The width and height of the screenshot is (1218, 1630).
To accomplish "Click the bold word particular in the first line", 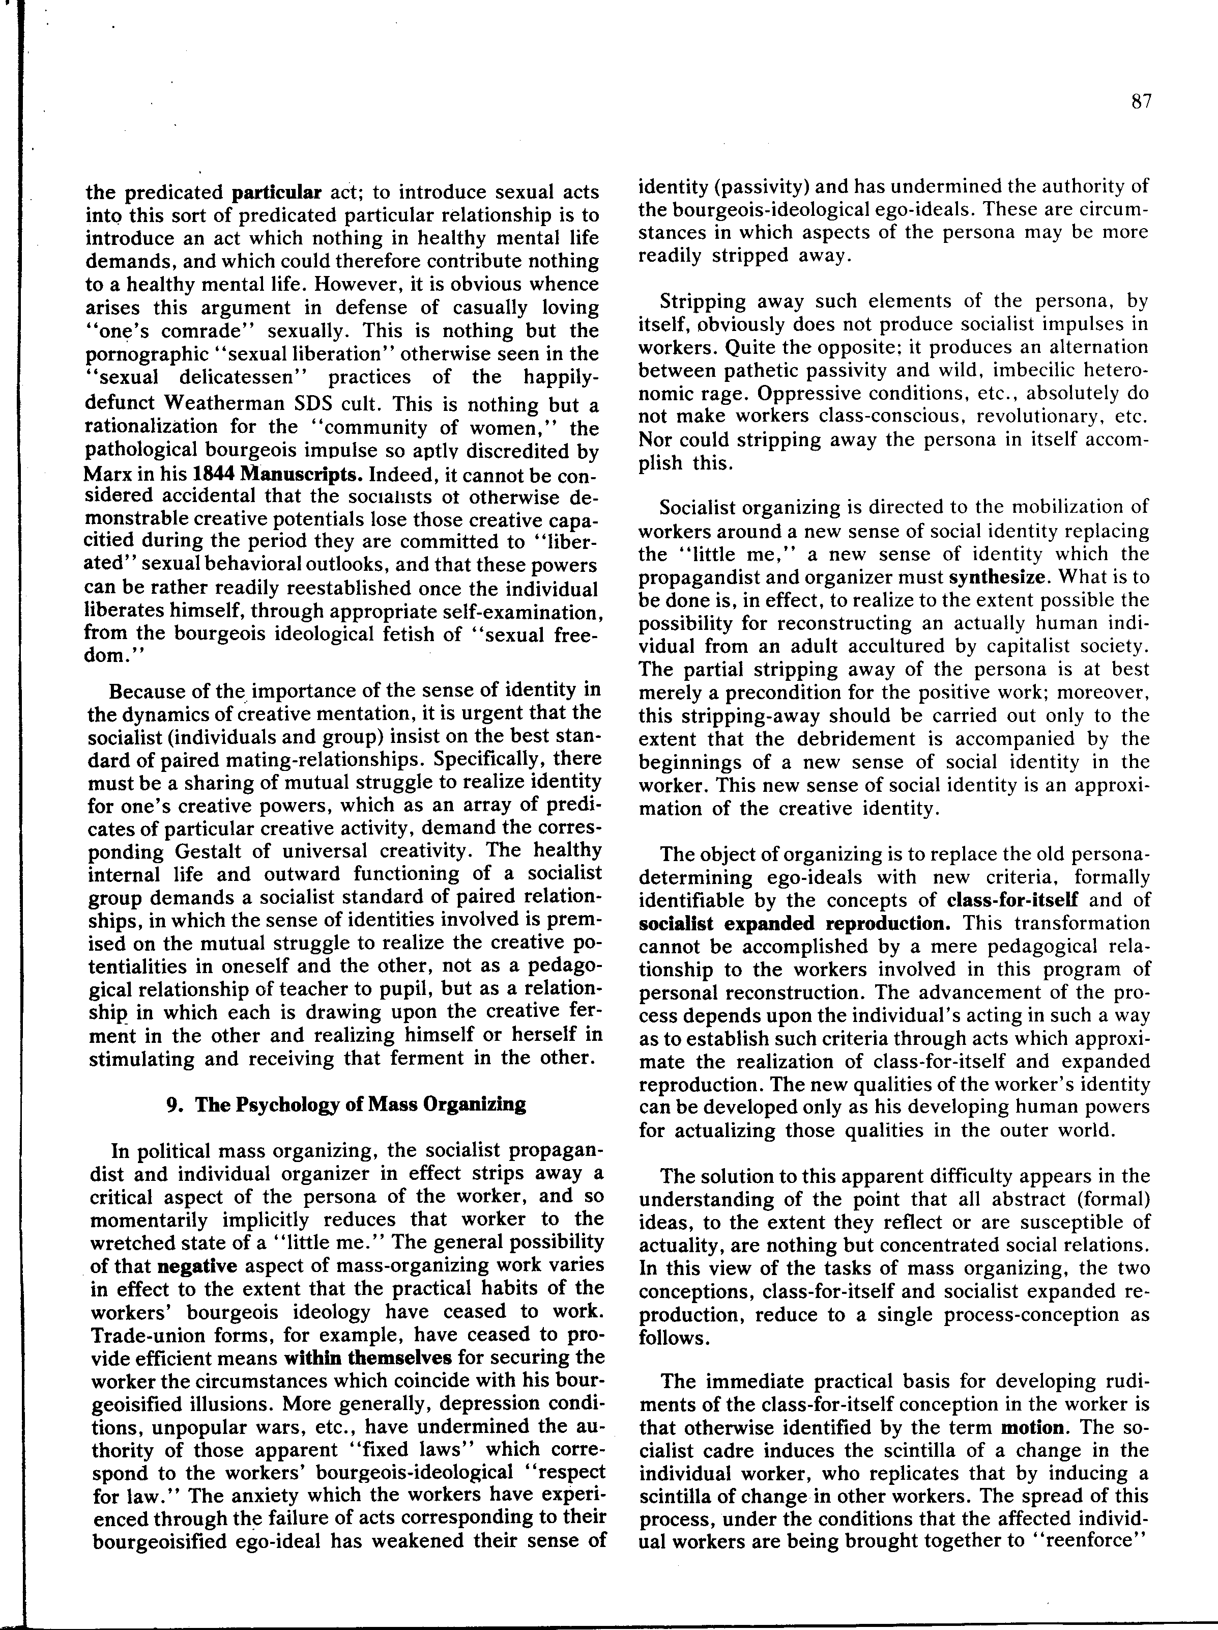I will tap(277, 193).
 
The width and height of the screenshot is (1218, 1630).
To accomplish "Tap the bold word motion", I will tap(1033, 1427).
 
